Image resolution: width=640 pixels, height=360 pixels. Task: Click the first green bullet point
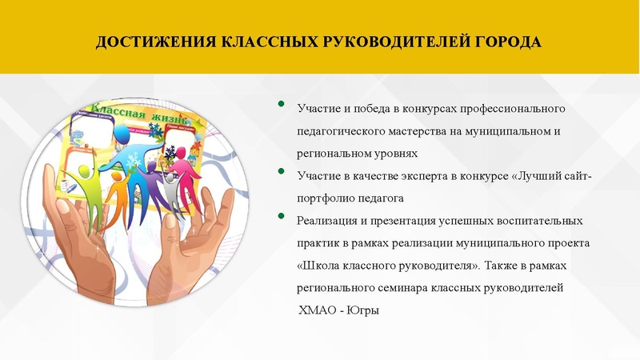[280, 104]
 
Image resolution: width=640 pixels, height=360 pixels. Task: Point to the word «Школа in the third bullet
[317, 264]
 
